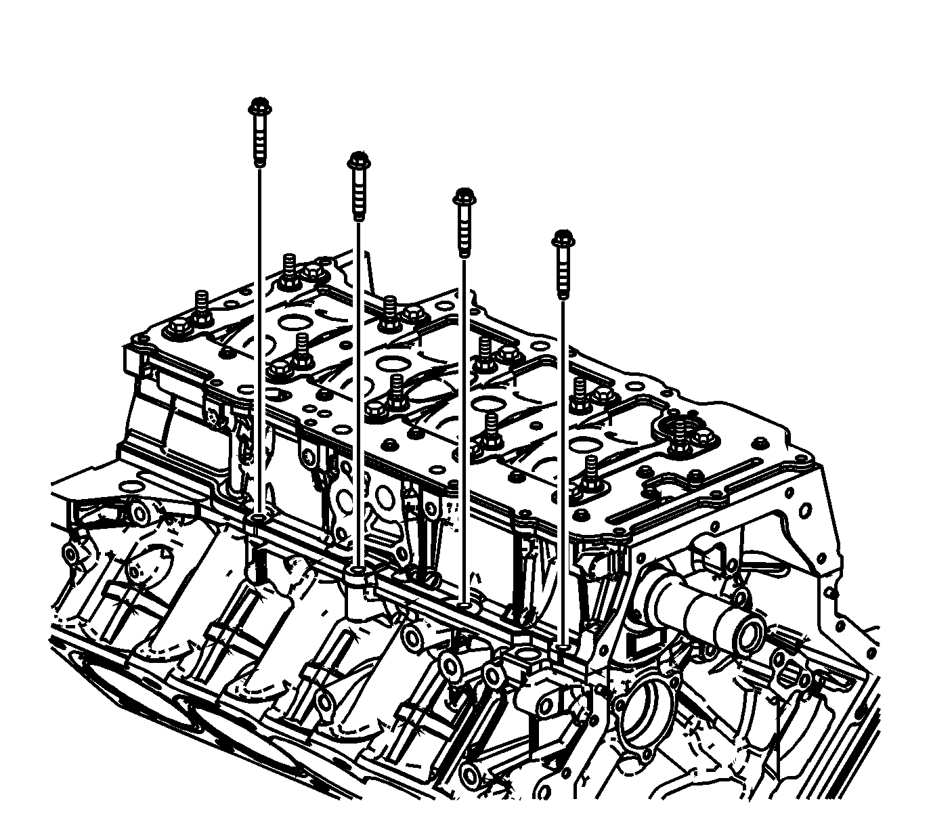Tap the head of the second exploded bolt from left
coord(358,161)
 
